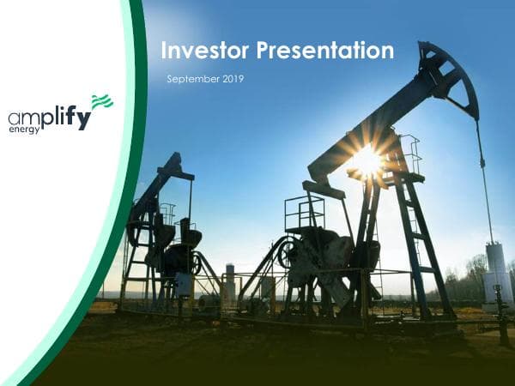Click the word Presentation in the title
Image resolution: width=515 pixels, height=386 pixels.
(327, 51)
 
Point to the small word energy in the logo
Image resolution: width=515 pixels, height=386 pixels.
(24, 130)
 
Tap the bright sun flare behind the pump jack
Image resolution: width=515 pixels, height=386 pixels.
(367, 160)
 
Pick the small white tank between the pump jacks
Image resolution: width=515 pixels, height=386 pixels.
(230, 283)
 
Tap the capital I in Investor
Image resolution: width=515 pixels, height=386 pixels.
(165, 51)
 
